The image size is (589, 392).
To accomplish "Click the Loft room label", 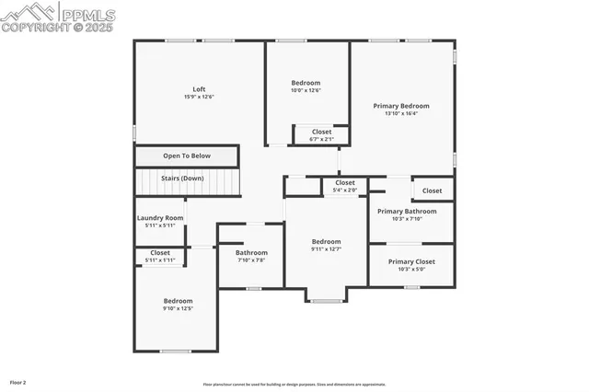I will [x=199, y=89].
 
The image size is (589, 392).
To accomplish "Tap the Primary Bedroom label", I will [x=401, y=106].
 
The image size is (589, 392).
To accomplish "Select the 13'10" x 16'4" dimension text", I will [x=401, y=114].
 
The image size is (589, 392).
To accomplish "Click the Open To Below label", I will [x=187, y=156].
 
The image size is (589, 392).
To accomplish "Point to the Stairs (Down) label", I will [x=187, y=178].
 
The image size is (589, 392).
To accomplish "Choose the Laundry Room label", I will [x=160, y=218].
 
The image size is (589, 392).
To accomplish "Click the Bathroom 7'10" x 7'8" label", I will [x=251, y=253].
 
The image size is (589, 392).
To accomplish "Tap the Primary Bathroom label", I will [x=407, y=211].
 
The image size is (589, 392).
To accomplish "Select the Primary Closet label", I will [x=411, y=261].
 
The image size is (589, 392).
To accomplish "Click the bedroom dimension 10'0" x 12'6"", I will [x=306, y=90].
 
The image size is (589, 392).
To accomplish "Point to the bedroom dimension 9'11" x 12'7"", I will [x=326, y=249].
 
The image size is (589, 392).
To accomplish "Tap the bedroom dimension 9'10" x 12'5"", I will [x=179, y=308].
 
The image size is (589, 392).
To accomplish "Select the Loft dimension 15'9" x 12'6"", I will [x=199, y=97].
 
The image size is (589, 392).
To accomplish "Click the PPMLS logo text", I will [x=87, y=14].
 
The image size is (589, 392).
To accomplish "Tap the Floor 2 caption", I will [x=18, y=381].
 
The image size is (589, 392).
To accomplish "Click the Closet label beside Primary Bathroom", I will [x=432, y=190].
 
